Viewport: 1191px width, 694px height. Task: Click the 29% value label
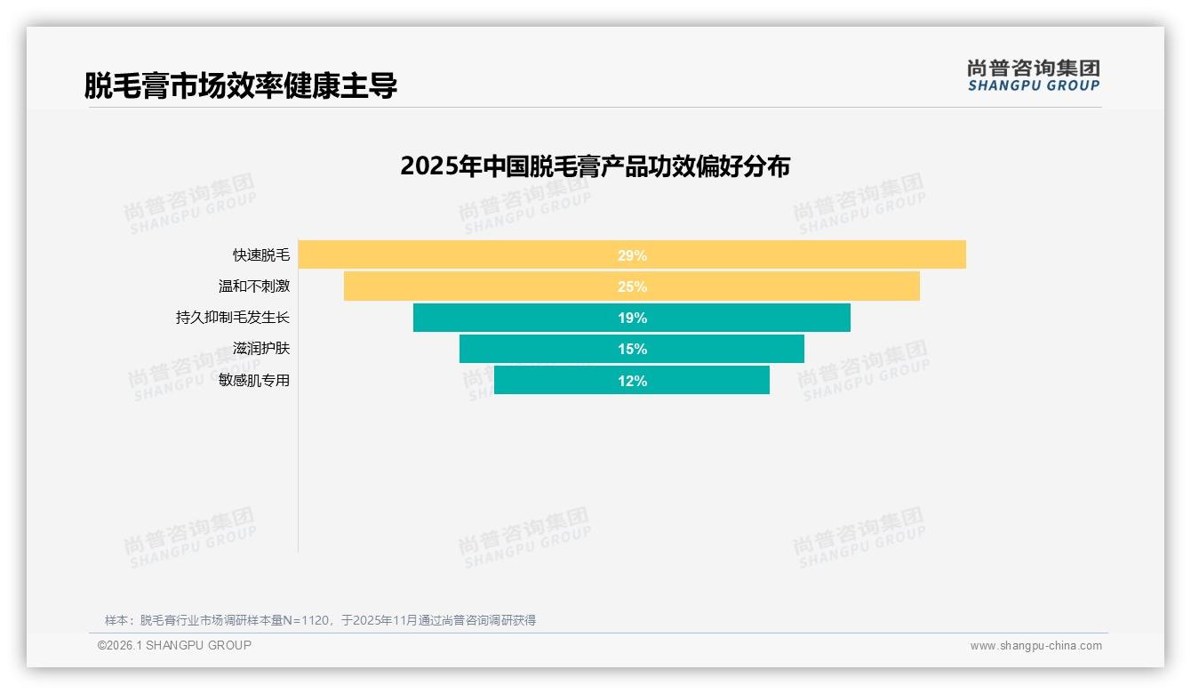click(x=632, y=255)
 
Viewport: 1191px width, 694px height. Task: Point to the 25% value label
click(x=632, y=286)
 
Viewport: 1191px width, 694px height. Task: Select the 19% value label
click(x=632, y=318)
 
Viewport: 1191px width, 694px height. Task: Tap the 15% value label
click(x=632, y=349)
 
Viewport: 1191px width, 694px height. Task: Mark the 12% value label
click(x=632, y=381)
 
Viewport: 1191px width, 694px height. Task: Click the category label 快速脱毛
click(x=261, y=255)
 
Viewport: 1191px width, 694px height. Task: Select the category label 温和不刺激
click(x=254, y=286)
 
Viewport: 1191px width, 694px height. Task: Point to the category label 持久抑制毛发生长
click(x=233, y=318)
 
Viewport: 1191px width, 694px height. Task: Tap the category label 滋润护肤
click(x=261, y=349)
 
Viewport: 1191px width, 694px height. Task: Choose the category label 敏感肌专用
click(x=254, y=380)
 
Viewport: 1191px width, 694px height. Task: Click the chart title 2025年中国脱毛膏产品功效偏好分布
click(x=595, y=166)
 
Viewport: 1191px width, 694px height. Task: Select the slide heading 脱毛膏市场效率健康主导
click(x=240, y=85)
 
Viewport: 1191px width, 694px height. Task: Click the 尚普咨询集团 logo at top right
click(x=1034, y=76)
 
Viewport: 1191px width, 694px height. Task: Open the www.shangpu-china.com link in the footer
click(x=1035, y=646)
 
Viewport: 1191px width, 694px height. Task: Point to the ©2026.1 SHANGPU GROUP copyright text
click(x=174, y=645)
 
